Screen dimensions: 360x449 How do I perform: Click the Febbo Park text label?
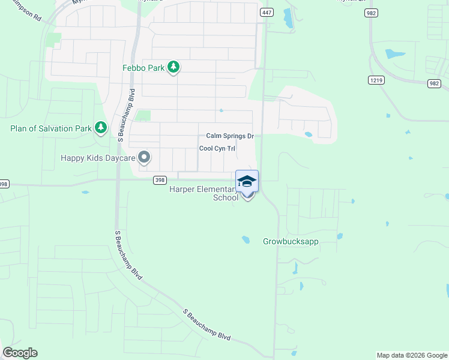point(143,68)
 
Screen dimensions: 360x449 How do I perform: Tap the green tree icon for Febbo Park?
point(173,67)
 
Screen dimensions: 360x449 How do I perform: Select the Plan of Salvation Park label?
point(50,128)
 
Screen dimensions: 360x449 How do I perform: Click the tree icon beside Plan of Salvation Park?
point(101,128)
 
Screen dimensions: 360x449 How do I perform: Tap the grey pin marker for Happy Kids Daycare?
point(144,158)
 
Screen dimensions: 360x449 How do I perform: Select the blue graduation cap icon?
point(247,181)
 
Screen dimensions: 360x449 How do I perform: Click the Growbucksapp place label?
point(291,242)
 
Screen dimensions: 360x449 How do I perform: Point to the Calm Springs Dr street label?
point(230,136)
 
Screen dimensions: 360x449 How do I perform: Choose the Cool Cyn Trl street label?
point(217,148)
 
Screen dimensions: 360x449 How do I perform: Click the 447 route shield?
point(267,12)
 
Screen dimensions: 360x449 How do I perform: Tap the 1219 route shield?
point(376,80)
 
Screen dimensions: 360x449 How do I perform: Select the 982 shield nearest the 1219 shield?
point(434,84)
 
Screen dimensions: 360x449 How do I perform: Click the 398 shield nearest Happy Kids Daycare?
point(159,179)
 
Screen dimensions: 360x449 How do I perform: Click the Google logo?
point(20,353)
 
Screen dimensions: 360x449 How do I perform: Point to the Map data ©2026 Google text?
point(412,355)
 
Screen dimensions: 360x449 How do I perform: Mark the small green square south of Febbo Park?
point(143,115)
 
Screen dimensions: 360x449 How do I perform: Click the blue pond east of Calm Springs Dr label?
point(309,134)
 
